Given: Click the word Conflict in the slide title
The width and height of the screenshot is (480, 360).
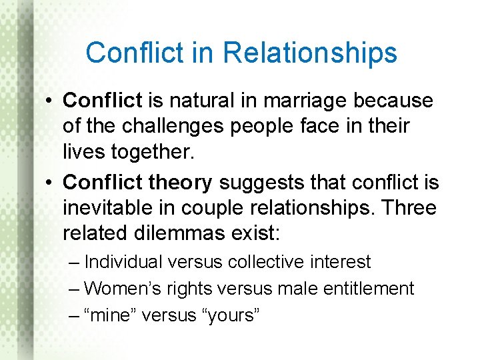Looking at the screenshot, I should click(x=135, y=53).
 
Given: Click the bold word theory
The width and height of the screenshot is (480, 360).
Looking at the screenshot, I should click(x=180, y=182).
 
